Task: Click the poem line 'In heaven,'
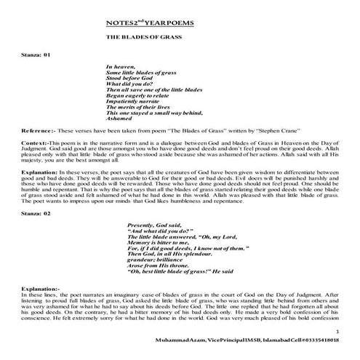click(x=121, y=66)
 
